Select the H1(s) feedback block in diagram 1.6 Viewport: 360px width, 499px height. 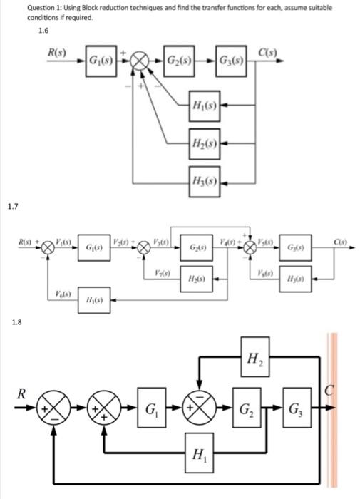click(205, 106)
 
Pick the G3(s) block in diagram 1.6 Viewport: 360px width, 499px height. click(231, 58)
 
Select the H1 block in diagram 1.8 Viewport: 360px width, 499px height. click(194, 454)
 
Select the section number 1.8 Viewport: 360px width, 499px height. click(16, 321)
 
